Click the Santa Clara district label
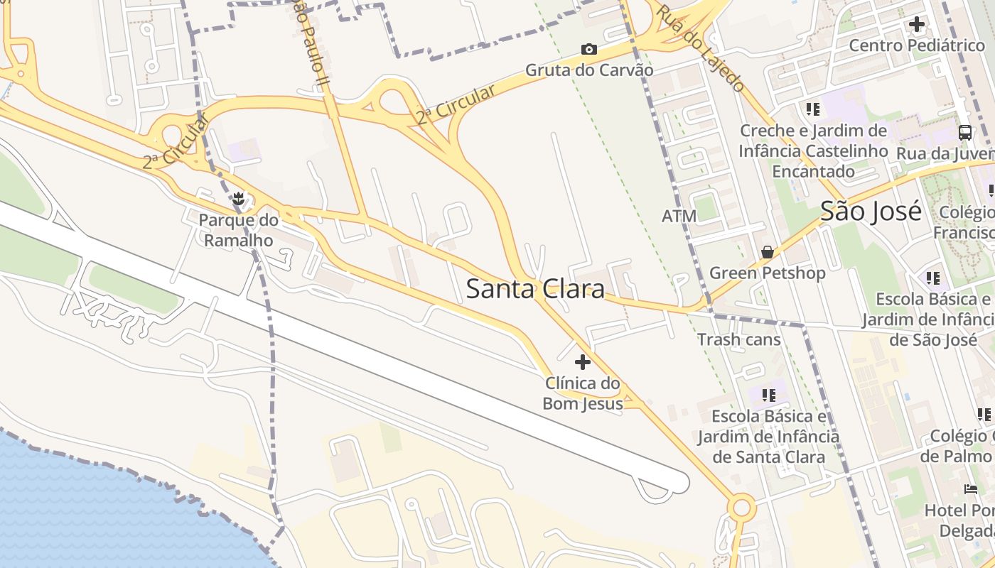coord(535,289)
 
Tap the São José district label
coord(871,211)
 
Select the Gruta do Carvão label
coord(589,70)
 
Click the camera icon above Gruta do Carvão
coord(589,49)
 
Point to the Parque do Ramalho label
coord(238,230)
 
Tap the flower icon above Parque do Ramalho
coord(239,200)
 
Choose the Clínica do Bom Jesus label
coord(583,393)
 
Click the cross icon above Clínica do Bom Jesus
coord(583,362)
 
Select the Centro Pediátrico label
coord(917,45)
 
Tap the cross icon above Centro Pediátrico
coord(917,24)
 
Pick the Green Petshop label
coord(768,273)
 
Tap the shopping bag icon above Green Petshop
coord(768,252)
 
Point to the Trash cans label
coord(738,339)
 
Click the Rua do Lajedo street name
coord(700,48)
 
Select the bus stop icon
coord(965,132)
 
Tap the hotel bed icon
coord(971,488)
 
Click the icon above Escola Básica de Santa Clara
coord(768,395)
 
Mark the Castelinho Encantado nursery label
coord(813,151)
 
